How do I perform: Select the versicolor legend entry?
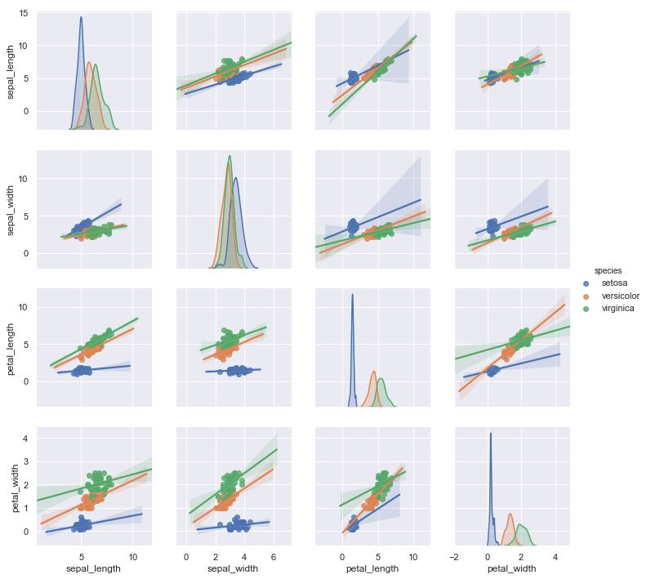(x=620, y=296)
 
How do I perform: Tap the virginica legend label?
(x=617, y=308)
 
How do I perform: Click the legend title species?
(x=609, y=270)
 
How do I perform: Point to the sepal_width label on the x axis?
(x=233, y=568)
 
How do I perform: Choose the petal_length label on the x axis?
(x=372, y=568)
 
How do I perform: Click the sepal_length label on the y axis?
(x=12, y=70)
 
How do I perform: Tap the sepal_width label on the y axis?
(x=12, y=209)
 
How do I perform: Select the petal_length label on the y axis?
(x=12, y=347)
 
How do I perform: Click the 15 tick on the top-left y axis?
(x=23, y=14)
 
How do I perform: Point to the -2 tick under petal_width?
(x=453, y=557)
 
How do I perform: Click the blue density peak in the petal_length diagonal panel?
(x=352, y=295)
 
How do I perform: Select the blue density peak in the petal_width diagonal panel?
(x=490, y=434)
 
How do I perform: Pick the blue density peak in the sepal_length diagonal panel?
(x=81, y=17)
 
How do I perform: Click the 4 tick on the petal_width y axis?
(x=25, y=439)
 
